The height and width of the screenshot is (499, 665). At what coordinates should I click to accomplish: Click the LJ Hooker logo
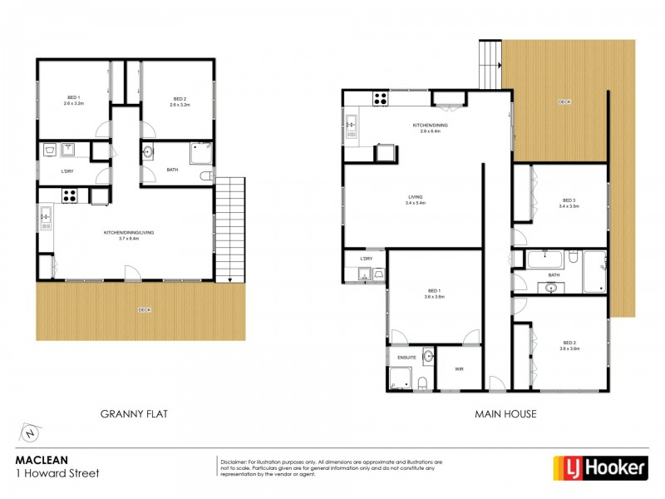pos(600,468)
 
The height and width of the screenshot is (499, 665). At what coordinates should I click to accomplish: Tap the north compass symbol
pos(29,433)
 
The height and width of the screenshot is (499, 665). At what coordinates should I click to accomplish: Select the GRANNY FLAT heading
pos(133,413)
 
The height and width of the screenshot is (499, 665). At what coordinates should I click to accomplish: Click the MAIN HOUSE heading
pos(505,413)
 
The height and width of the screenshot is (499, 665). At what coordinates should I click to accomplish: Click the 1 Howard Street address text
pos(57,474)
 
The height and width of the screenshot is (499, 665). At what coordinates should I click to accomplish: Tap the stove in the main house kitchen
pos(380,99)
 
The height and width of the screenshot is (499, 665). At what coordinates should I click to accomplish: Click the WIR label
pos(458,368)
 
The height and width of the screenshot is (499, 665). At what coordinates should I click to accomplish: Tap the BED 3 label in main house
pos(569,202)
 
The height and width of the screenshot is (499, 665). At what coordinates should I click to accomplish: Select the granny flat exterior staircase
pos(230,229)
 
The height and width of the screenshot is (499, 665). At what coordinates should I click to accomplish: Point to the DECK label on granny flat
pos(145,310)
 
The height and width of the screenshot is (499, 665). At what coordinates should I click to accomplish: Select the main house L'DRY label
pos(366,259)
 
